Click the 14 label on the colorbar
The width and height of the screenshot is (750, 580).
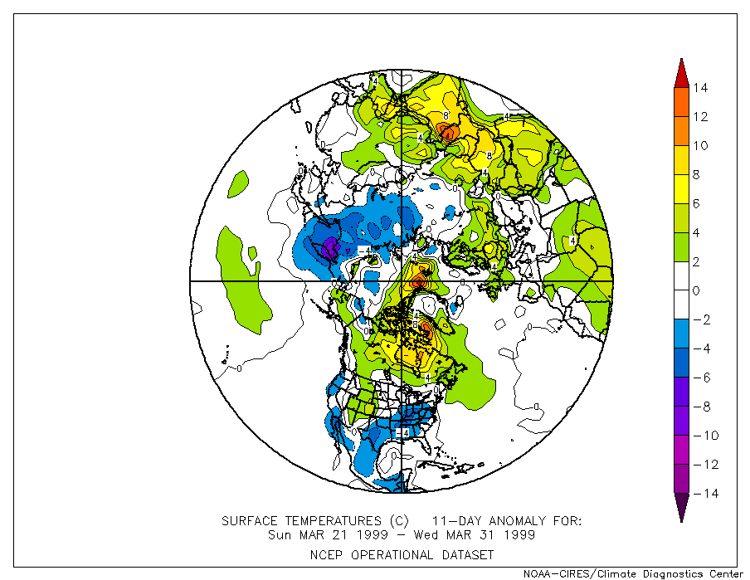[701, 88]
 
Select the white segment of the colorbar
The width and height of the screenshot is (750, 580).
[680, 276]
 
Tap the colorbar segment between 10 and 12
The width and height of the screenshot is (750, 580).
[680, 131]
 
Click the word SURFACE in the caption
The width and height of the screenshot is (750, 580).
[252, 521]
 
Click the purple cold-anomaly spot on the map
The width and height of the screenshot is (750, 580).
[329, 246]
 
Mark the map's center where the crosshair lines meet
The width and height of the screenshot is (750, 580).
[402, 281]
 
